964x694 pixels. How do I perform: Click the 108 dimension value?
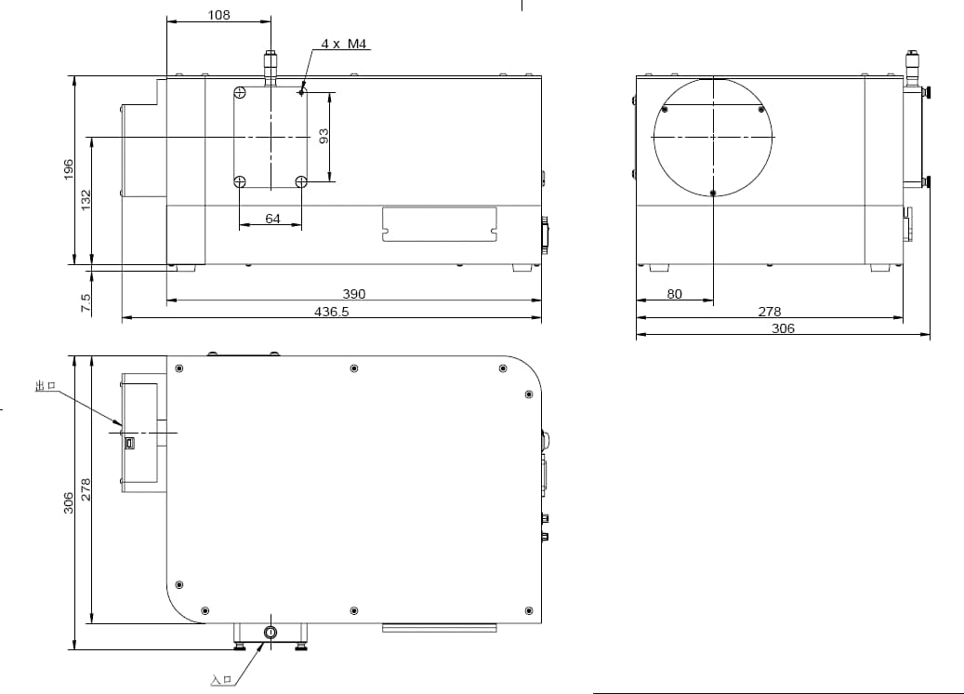(x=218, y=14)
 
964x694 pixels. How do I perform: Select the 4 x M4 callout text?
(x=344, y=44)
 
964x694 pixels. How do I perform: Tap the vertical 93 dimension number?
(x=324, y=136)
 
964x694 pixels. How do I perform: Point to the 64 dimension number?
(x=272, y=219)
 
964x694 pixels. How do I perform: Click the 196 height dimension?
(x=68, y=170)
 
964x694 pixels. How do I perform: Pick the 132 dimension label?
(x=86, y=200)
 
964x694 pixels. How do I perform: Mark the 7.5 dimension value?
(x=86, y=302)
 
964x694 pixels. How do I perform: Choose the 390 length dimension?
(x=353, y=294)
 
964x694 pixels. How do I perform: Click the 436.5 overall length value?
(x=331, y=312)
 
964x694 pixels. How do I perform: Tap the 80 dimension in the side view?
(x=675, y=294)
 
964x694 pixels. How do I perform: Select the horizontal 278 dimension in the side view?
(x=769, y=312)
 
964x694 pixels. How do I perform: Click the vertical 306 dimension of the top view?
(x=68, y=502)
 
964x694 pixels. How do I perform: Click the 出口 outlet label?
(x=46, y=386)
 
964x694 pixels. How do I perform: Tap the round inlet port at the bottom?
(x=270, y=632)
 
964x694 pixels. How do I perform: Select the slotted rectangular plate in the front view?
(x=439, y=224)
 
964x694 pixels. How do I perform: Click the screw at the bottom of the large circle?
(x=713, y=194)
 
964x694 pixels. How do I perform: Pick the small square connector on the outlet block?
(x=129, y=443)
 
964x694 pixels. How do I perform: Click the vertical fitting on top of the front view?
(x=270, y=68)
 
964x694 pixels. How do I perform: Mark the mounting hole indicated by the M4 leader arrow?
(x=300, y=92)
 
